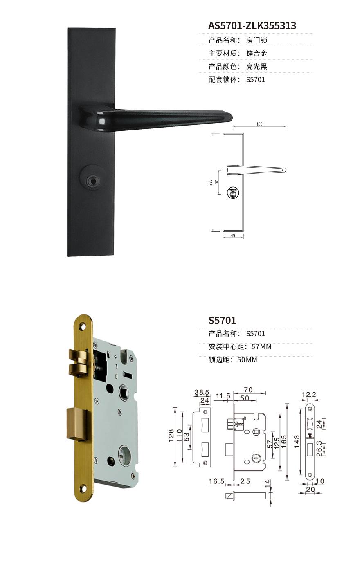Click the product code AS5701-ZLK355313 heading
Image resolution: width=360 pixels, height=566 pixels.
[252, 26]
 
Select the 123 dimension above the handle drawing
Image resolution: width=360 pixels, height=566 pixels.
[259, 124]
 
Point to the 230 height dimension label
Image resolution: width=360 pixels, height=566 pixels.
[211, 182]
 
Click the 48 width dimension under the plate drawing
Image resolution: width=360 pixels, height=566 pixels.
[233, 235]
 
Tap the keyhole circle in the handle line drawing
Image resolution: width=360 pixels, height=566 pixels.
[233, 193]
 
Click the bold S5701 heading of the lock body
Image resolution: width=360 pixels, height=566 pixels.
[222, 320]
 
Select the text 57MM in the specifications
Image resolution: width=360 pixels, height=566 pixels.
[261, 346]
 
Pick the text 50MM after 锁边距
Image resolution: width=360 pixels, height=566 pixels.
[247, 359]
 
